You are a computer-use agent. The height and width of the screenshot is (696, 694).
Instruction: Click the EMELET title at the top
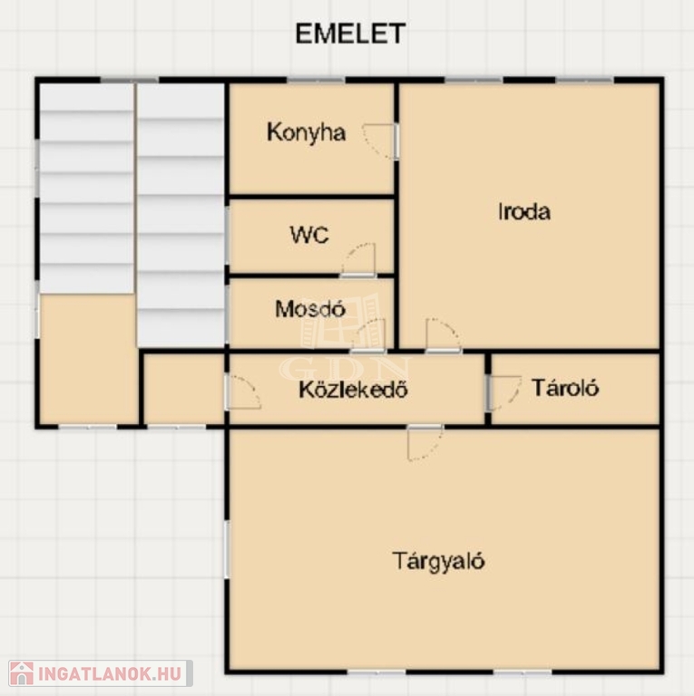coord(350,34)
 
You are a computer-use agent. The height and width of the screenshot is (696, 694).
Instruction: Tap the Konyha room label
coord(306,132)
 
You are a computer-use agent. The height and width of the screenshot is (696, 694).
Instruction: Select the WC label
coord(309,235)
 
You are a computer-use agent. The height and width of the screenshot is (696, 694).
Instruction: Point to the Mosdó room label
coord(310,309)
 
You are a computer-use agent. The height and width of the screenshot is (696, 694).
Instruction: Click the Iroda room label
coord(524,211)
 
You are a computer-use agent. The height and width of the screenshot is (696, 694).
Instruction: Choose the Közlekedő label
coord(353,390)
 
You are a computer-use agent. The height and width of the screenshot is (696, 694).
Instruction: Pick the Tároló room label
coord(564,388)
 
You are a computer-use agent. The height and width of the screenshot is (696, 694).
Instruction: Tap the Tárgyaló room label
coord(438,562)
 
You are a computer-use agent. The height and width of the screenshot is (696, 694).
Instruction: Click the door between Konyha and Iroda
coord(380,141)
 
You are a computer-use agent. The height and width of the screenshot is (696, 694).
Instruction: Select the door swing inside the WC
coord(358,260)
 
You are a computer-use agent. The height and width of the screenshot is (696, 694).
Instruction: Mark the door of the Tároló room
coord(503,392)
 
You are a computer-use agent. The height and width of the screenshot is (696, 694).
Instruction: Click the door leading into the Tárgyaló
coord(425,442)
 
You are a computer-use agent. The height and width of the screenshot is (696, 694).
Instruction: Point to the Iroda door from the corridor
coord(443,335)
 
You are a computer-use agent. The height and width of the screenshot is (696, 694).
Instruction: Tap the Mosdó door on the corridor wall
coord(368,335)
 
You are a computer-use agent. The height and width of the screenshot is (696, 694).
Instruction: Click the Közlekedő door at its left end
coord(243,392)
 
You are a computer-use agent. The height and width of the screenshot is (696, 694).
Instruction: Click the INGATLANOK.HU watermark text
coord(110,674)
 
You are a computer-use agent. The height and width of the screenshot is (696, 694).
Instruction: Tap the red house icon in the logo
coord(22,673)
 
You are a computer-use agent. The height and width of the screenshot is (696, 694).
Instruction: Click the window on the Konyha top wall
coord(316,81)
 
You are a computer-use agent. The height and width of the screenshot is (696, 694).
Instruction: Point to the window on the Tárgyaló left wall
coord(227,549)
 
